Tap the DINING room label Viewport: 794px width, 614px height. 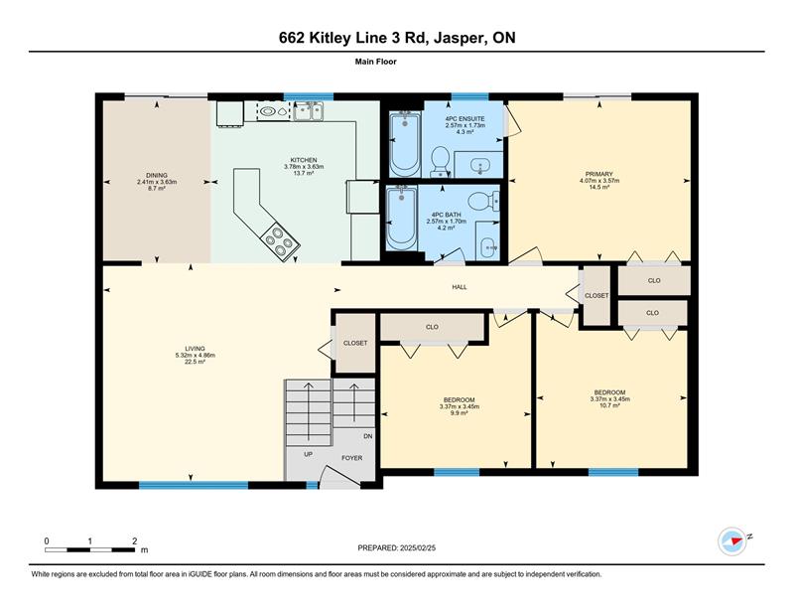pyautogui.click(x=157, y=176)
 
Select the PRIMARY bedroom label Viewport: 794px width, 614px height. pyautogui.click(x=599, y=174)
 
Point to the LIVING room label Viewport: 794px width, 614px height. pyautogui.click(x=195, y=349)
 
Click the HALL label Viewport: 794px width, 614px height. pyautogui.click(x=460, y=287)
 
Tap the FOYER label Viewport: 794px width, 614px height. pyautogui.click(x=352, y=458)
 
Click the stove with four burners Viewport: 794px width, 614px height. pyautogui.click(x=279, y=241)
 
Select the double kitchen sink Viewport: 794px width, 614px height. pyautogui.click(x=308, y=111)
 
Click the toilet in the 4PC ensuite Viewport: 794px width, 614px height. pyautogui.click(x=441, y=161)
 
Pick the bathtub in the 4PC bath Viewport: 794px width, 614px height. pyautogui.click(x=402, y=218)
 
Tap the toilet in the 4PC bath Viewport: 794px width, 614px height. pyautogui.click(x=483, y=202)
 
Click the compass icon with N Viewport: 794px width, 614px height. pyautogui.click(x=732, y=541)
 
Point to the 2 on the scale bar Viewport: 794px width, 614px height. pyautogui.click(x=134, y=541)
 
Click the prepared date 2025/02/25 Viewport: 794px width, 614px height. pyautogui.click(x=418, y=548)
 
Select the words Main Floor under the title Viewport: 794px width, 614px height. pyautogui.click(x=376, y=62)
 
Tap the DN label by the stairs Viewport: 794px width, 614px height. pyautogui.click(x=368, y=436)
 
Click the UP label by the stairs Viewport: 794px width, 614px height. pyautogui.click(x=308, y=454)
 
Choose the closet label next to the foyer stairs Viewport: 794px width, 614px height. pyautogui.click(x=355, y=343)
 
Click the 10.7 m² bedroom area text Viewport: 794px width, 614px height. pyautogui.click(x=609, y=405)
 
